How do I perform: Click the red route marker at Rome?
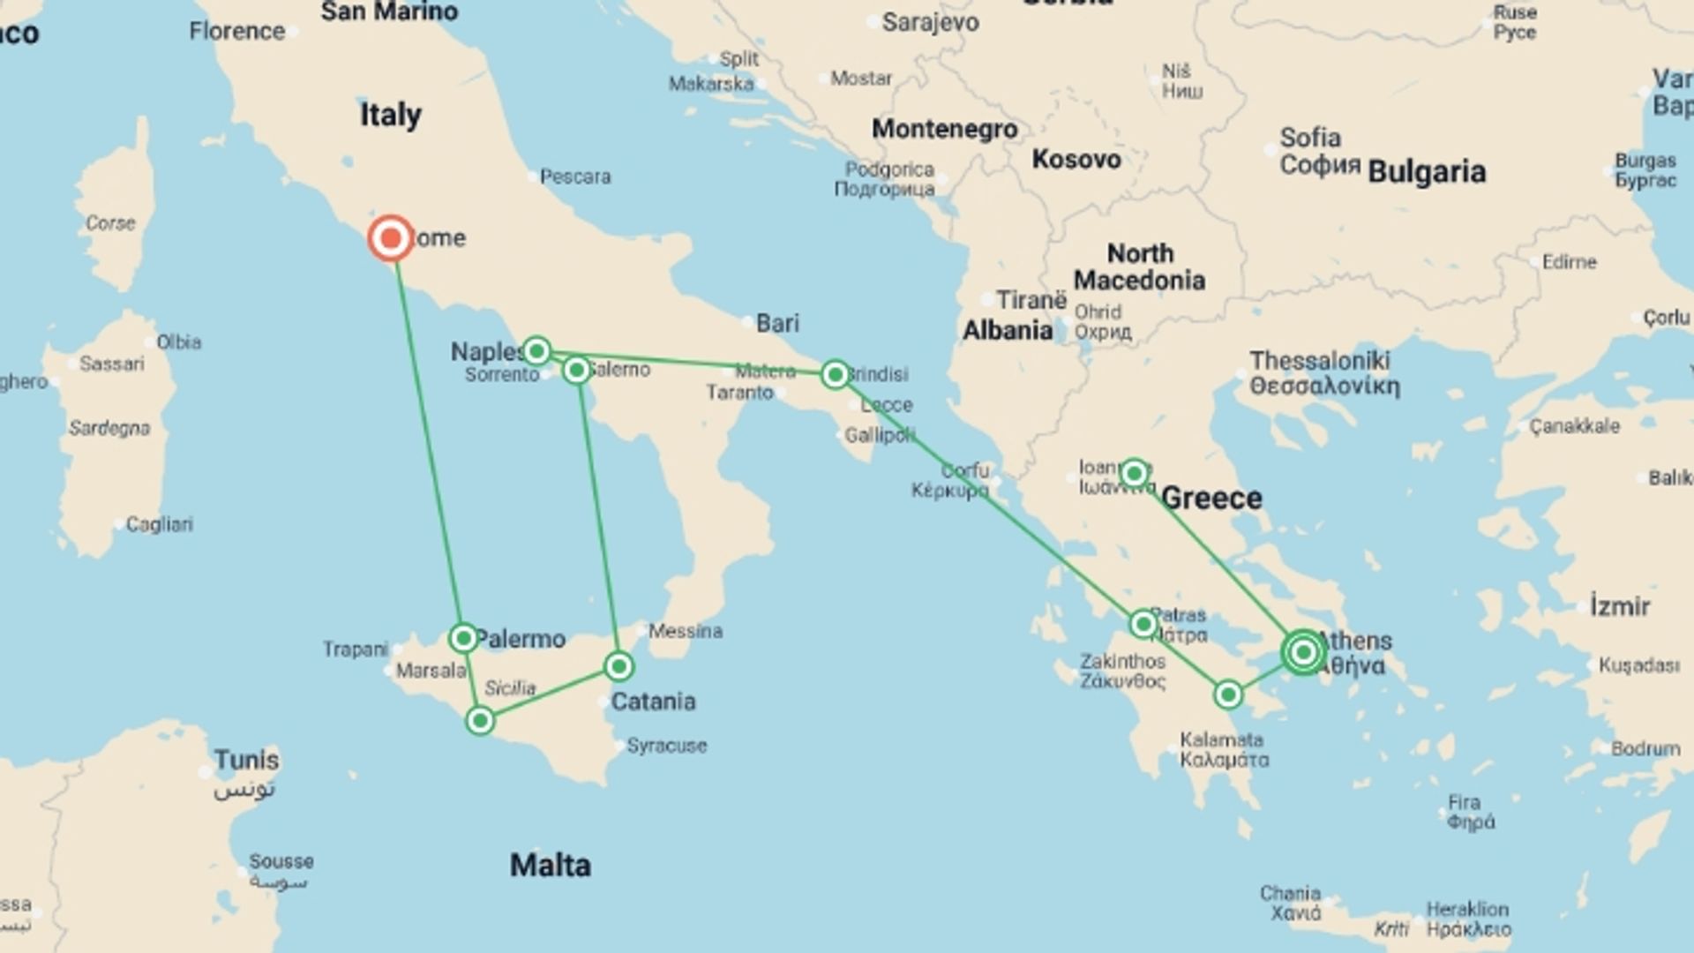[390, 238]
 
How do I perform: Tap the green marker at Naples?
[536, 351]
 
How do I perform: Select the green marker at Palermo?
[463, 637]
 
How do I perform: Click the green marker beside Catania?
[618, 666]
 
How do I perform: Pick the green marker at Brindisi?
[835, 374]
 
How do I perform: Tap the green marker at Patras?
[1143, 625]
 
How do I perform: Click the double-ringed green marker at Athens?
[1303, 653]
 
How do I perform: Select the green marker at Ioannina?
[1135, 474]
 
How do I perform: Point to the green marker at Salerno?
[576, 370]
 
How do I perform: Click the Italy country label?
[390, 115]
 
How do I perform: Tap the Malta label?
[550, 865]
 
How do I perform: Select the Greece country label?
[1211, 499]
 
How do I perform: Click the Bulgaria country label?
[1427, 171]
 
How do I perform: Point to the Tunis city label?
[246, 760]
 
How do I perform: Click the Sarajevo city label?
[930, 22]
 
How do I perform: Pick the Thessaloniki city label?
[1319, 361]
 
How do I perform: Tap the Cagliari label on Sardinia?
[159, 524]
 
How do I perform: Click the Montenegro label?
[944, 129]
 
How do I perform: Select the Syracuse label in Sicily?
[666, 746]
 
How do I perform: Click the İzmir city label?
[1619, 607]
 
